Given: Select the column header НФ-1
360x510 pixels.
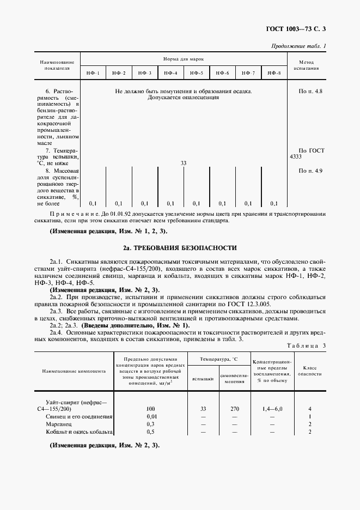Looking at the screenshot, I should [x=93, y=73].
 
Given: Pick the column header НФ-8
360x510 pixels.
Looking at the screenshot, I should [x=274, y=73].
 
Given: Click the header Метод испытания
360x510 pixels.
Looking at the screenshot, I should [x=309, y=65].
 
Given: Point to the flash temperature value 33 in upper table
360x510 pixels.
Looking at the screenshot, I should [x=184, y=163].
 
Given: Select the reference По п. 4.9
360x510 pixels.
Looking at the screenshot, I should [x=310, y=171].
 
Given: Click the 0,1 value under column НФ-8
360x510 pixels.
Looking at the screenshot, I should [x=274, y=203].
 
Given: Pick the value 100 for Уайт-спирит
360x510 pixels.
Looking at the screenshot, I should [x=150, y=408].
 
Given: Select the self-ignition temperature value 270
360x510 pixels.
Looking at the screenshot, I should [x=235, y=408].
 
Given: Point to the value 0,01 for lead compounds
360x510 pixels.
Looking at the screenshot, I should [x=150, y=416].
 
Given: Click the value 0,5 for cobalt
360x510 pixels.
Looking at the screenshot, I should [x=150, y=432].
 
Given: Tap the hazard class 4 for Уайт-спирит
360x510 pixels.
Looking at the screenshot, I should [x=309, y=408].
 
